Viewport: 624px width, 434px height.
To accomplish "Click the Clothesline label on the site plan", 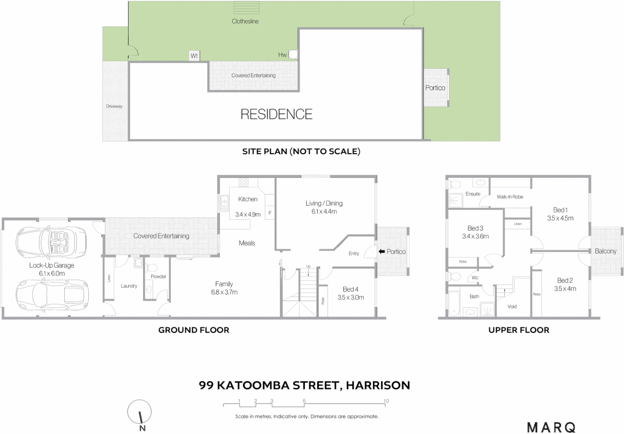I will (x=245, y=21).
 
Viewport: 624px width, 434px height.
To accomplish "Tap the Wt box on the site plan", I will (x=194, y=56).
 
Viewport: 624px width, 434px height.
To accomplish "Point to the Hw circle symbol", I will (x=293, y=54).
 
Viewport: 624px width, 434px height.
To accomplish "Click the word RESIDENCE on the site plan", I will (x=276, y=115).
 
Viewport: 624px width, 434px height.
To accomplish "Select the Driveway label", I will (x=114, y=106).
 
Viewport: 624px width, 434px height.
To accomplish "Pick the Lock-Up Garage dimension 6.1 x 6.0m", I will (x=52, y=274).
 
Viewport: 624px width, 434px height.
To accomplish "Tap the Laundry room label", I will (x=129, y=286).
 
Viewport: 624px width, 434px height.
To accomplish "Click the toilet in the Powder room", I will (x=152, y=268).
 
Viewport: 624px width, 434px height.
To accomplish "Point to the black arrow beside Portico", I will (x=382, y=252).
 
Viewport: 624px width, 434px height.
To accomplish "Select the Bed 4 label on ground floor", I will (x=350, y=289).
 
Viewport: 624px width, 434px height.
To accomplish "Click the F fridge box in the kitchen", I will (x=270, y=213).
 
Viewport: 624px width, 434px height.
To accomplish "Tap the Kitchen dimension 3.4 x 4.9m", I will (x=248, y=215).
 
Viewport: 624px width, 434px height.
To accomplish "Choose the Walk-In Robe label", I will (x=510, y=197).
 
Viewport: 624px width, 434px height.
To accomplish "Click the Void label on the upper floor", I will (x=512, y=307).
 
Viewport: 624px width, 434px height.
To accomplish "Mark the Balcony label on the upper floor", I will (x=605, y=251).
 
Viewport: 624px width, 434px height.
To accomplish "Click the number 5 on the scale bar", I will (x=304, y=401).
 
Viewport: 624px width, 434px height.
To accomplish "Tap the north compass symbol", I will (x=140, y=413).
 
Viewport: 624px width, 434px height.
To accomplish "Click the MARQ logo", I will (x=551, y=427).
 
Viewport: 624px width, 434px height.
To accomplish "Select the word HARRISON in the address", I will (x=378, y=385).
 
